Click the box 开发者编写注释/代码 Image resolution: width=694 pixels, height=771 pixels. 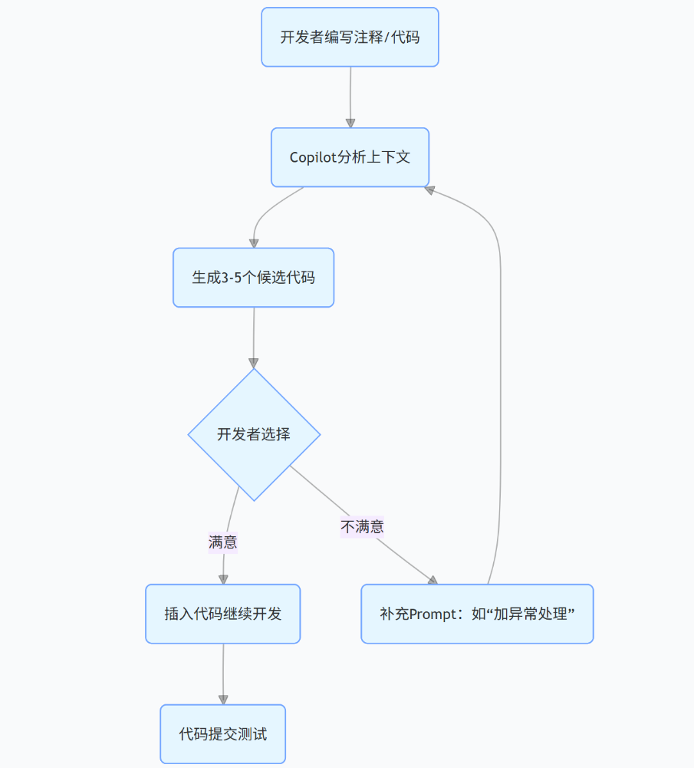pos(350,37)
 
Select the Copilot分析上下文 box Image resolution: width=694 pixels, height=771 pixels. pos(350,157)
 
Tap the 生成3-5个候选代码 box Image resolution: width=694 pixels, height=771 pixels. pos(253,278)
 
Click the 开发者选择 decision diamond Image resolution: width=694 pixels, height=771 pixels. pos(254,434)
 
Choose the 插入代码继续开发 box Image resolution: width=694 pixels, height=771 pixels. pos(222,614)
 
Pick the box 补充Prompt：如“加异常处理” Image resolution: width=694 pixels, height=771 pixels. pos(477,614)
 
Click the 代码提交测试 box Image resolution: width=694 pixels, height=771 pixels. pos(222,734)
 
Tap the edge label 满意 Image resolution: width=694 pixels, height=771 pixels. pos(222,542)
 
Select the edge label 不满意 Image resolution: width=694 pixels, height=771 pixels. pos(362,526)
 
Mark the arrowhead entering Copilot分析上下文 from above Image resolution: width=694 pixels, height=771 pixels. pos(350,123)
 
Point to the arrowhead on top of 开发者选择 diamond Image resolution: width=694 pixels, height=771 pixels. pos(254,363)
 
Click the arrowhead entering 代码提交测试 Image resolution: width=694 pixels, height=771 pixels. pos(223,700)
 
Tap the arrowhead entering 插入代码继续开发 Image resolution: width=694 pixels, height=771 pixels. pos(223,579)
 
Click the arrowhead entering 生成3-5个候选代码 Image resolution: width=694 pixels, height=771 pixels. pos(254,243)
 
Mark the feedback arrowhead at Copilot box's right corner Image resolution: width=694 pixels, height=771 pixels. pos(430,189)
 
